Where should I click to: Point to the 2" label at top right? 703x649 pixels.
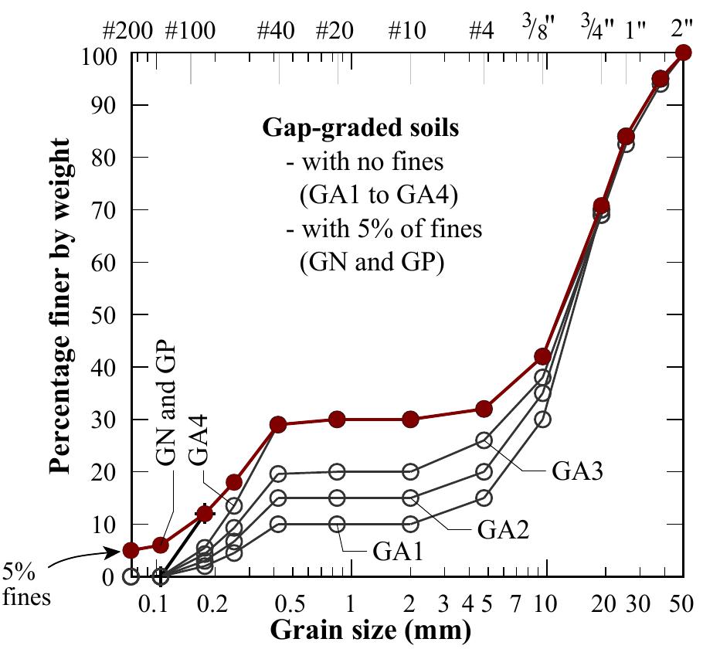(682, 31)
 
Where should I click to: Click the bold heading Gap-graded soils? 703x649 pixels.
(361, 129)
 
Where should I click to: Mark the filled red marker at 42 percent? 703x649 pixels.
(542, 356)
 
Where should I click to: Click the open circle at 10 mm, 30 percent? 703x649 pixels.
(542, 420)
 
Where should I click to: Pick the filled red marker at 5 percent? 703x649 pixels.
(131, 550)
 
